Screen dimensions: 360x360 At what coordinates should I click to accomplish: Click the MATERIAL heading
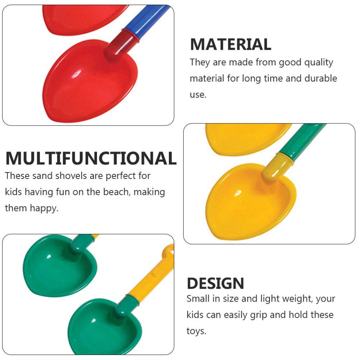coord(230,45)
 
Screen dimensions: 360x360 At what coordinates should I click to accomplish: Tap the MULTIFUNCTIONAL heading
coord(91,158)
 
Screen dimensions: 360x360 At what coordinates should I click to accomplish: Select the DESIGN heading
coord(215,283)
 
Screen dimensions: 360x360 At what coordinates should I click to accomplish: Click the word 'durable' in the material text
coord(321,78)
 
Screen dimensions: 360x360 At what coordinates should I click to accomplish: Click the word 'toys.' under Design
coord(196,331)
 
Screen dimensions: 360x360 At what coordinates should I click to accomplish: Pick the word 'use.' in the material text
coord(198,95)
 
